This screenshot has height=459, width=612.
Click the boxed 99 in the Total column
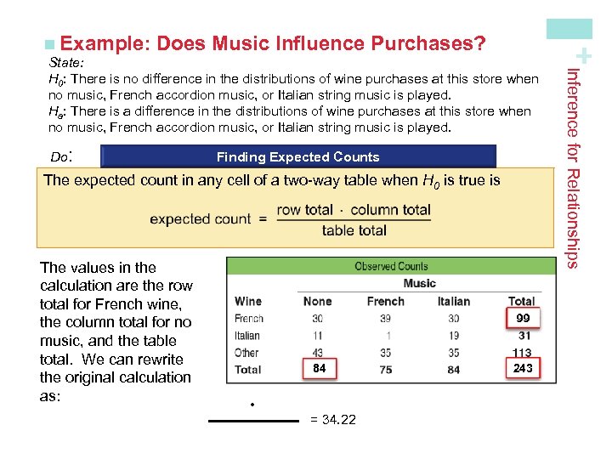point(523,318)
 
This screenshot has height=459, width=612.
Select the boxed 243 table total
point(523,368)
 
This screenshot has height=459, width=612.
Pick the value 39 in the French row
point(385,319)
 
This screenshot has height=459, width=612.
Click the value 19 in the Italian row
point(453,336)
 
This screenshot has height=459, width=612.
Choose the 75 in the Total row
point(385,370)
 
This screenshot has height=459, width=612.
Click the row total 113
point(521,353)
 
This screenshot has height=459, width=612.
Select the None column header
point(317,301)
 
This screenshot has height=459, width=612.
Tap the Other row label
point(246,353)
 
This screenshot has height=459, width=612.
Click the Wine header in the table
point(248,301)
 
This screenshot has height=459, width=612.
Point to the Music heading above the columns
point(419,283)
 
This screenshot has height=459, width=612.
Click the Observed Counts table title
point(391,266)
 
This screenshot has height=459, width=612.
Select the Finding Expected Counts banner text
point(297,156)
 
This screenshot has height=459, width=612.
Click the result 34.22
point(333,421)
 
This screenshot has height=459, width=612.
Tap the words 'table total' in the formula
point(354,230)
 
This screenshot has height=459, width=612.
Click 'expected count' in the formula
point(200,219)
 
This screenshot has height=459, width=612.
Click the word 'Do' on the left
point(59,157)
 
